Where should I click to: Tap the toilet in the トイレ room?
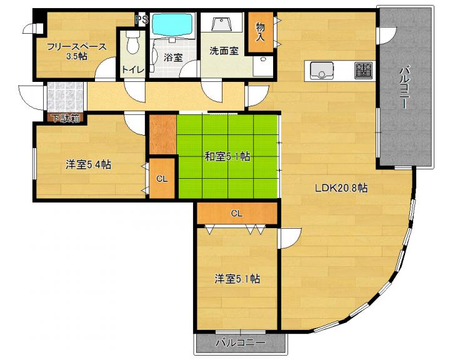point(132,42)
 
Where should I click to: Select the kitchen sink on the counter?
point(322,71)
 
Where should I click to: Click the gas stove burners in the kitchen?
point(363,71)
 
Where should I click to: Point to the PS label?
point(142,19)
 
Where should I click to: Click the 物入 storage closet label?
point(260,32)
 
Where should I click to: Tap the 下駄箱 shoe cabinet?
point(65,118)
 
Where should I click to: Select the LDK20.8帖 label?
point(341,188)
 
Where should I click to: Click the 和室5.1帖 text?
point(227,157)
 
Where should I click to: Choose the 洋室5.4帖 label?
point(88,165)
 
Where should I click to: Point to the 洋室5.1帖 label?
point(237,279)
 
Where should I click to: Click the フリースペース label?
point(77,47)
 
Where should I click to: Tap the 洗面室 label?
point(224,51)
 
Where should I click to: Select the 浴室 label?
point(173,57)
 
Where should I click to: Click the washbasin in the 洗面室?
point(221,24)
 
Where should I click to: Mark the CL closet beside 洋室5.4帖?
point(162,179)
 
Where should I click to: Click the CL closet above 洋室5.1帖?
point(237,213)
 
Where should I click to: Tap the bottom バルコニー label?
point(241,342)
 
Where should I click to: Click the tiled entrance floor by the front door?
point(65,97)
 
